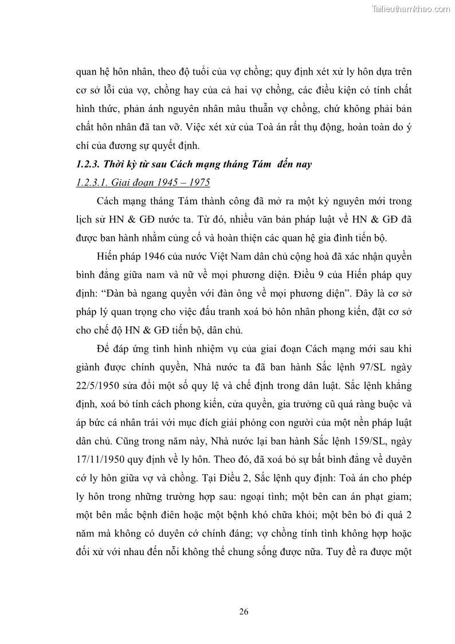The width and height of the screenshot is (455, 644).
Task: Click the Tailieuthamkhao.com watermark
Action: point(411,9)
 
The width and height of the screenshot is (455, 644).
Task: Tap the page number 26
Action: point(244,611)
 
